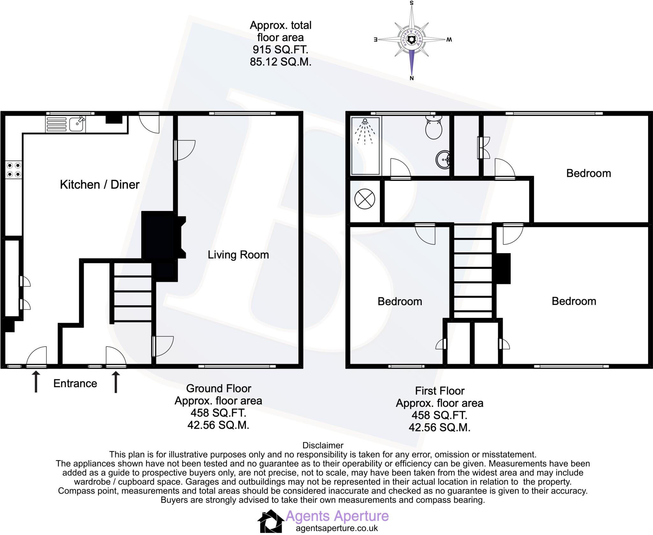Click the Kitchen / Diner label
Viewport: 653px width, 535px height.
(99, 185)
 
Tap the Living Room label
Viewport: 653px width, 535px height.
(238, 255)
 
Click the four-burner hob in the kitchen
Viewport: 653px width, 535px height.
(14, 170)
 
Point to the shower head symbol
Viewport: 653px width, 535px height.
(365, 122)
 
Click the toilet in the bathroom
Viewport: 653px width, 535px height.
(434, 127)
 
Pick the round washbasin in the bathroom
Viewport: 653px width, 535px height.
(443, 159)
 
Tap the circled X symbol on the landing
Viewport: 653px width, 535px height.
(364, 199)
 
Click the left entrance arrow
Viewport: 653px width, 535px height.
(36, 381)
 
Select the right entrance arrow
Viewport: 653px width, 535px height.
(116, 381)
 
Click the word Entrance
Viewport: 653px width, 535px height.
(75, 383)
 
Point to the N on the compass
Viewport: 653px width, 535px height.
(412, 78)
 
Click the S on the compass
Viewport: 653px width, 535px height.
(412, 3)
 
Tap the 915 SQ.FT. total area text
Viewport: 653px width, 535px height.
(280, 50)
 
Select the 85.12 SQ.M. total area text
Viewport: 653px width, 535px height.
(280, 62)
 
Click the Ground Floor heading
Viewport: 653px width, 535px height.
(218, 388)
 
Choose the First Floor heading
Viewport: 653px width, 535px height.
(440, 391)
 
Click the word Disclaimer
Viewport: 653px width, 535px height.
(323, 445)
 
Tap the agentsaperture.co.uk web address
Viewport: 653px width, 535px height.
(337, 528)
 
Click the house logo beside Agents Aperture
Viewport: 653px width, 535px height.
(270, 521)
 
